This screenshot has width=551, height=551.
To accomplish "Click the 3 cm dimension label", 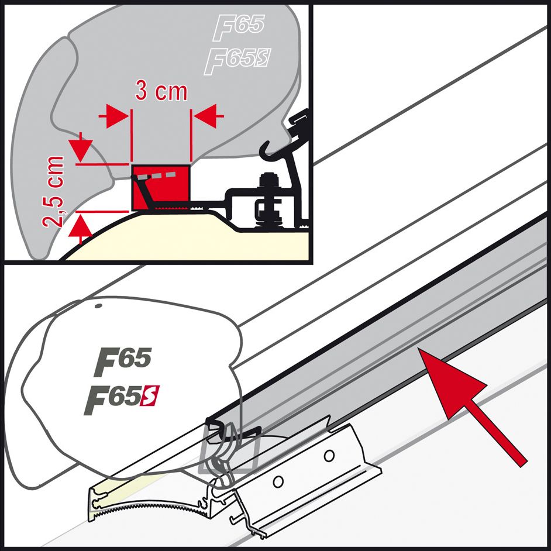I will point(161,91).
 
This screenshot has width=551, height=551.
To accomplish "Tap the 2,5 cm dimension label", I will point(57,191).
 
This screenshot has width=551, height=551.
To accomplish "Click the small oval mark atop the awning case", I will point(98,305).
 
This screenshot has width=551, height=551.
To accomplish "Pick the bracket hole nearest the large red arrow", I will point(330,454).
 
